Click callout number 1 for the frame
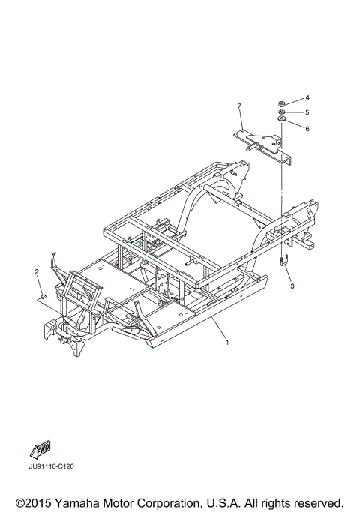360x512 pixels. click(x=227, y=342)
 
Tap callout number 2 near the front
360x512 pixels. click(x=37, y=271)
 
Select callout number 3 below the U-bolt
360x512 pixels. click(x=292, y=286)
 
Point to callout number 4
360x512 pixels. click(x=307, y=98)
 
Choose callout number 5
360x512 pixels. click(x=307, y=112)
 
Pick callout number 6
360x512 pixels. click(x=307, y=129)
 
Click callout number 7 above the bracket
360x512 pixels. click(x=239, y=106)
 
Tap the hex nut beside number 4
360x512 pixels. click(x=282, y=104)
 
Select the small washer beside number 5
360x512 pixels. click(x=282, y=112)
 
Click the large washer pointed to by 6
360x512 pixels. click(x=282, y=119)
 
